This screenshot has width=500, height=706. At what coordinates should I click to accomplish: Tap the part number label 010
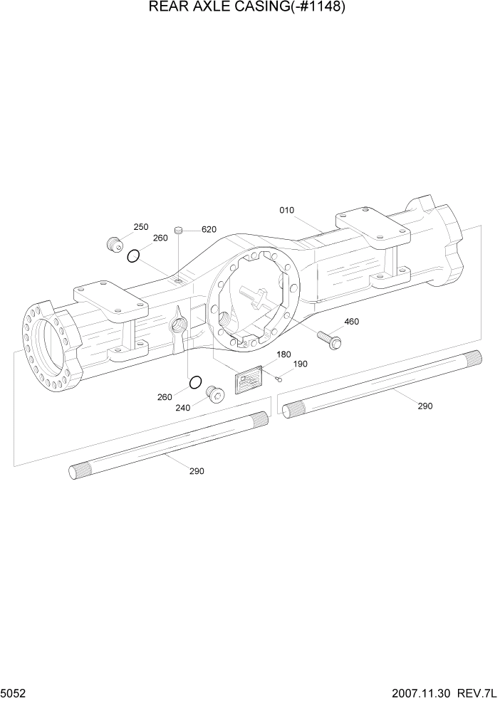click(x=287, y=210)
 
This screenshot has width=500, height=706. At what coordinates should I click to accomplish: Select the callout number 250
click(x=141, y=227)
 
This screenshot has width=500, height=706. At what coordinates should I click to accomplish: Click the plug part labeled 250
click(x=113, y=244)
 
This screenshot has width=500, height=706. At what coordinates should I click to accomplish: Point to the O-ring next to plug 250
click(x=132, y=255)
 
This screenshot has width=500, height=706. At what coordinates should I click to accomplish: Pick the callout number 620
click(x=209, y=229)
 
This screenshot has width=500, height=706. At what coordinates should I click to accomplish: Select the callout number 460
click(x=351, y=322)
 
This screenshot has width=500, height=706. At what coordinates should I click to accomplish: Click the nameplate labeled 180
click(x=249, y=380)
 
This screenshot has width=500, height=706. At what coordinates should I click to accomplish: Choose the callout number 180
click(x=283, y=354)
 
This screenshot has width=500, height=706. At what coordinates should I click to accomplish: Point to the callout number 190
click(x=301, y=364)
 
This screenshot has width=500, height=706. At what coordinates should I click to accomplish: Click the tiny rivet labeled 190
click(x=280, y=378)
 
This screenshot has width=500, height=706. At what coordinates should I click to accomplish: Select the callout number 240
click(x=183, y=409)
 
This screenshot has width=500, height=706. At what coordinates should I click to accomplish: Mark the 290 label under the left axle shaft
click(x=197, y=471)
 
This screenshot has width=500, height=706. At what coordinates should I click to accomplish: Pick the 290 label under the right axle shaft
click(x=425, y=406)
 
